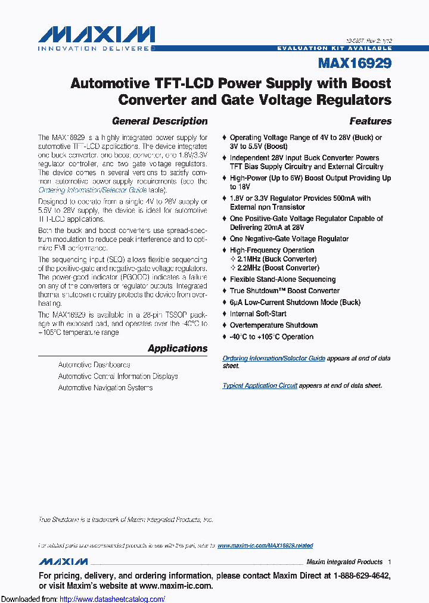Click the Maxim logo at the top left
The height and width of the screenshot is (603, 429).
tap(96, 37)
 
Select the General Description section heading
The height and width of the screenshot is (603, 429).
tap(160, 121)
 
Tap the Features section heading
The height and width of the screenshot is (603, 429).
tap(370, 121)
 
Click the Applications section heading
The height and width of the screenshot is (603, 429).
tap(178, 349)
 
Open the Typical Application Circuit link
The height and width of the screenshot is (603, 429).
tap(260, 386)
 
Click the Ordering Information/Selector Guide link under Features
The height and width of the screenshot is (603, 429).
tap(273, 358)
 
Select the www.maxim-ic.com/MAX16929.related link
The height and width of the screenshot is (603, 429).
tap(265, 546)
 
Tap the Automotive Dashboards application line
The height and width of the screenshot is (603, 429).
tap(94, 365)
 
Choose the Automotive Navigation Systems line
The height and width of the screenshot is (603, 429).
tap(105, 387)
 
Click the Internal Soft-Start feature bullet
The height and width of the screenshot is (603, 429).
tap(258, 314)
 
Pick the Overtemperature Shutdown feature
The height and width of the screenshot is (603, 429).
tap(273, 325)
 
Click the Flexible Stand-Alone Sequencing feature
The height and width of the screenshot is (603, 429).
tap(282, 279)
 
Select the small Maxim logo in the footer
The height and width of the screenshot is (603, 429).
tap(63, 562)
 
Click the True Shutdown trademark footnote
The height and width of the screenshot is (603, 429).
tap(126, 520)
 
